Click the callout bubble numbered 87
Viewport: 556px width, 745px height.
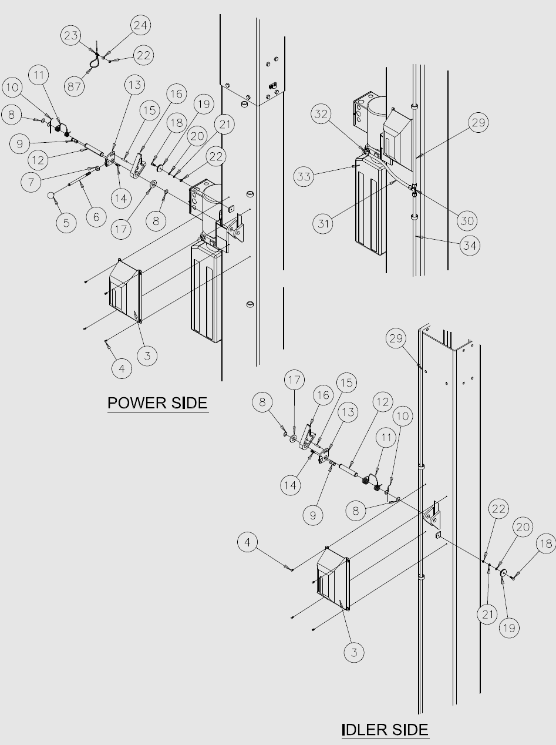tap(74, 86)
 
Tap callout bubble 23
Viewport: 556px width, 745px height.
tap(71, 35)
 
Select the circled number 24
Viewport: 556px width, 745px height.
tap(140, 25)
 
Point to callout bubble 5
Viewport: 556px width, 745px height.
tap(66, 223)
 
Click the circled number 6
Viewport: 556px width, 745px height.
tap(96, 217)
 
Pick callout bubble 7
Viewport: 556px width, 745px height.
tap(31, 182)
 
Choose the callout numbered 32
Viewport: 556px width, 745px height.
tap(321, 113)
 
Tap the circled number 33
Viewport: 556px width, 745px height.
tap(304, 176)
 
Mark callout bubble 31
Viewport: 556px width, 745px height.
tap(323, 223)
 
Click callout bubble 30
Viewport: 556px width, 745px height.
tap(467, 220)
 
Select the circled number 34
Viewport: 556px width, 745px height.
tap(470, 246)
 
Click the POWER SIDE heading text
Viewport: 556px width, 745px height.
tap(157, 403)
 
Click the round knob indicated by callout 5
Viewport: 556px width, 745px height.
tap(51, 195)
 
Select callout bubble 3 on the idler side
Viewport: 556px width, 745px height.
tap(354, 652)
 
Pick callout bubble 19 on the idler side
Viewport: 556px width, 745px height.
tap(509, 628)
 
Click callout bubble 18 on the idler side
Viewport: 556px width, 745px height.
tap(546, 543)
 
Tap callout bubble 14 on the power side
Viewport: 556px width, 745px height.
tap(121, 199)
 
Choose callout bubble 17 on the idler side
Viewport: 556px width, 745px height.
tap(294, 380)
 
